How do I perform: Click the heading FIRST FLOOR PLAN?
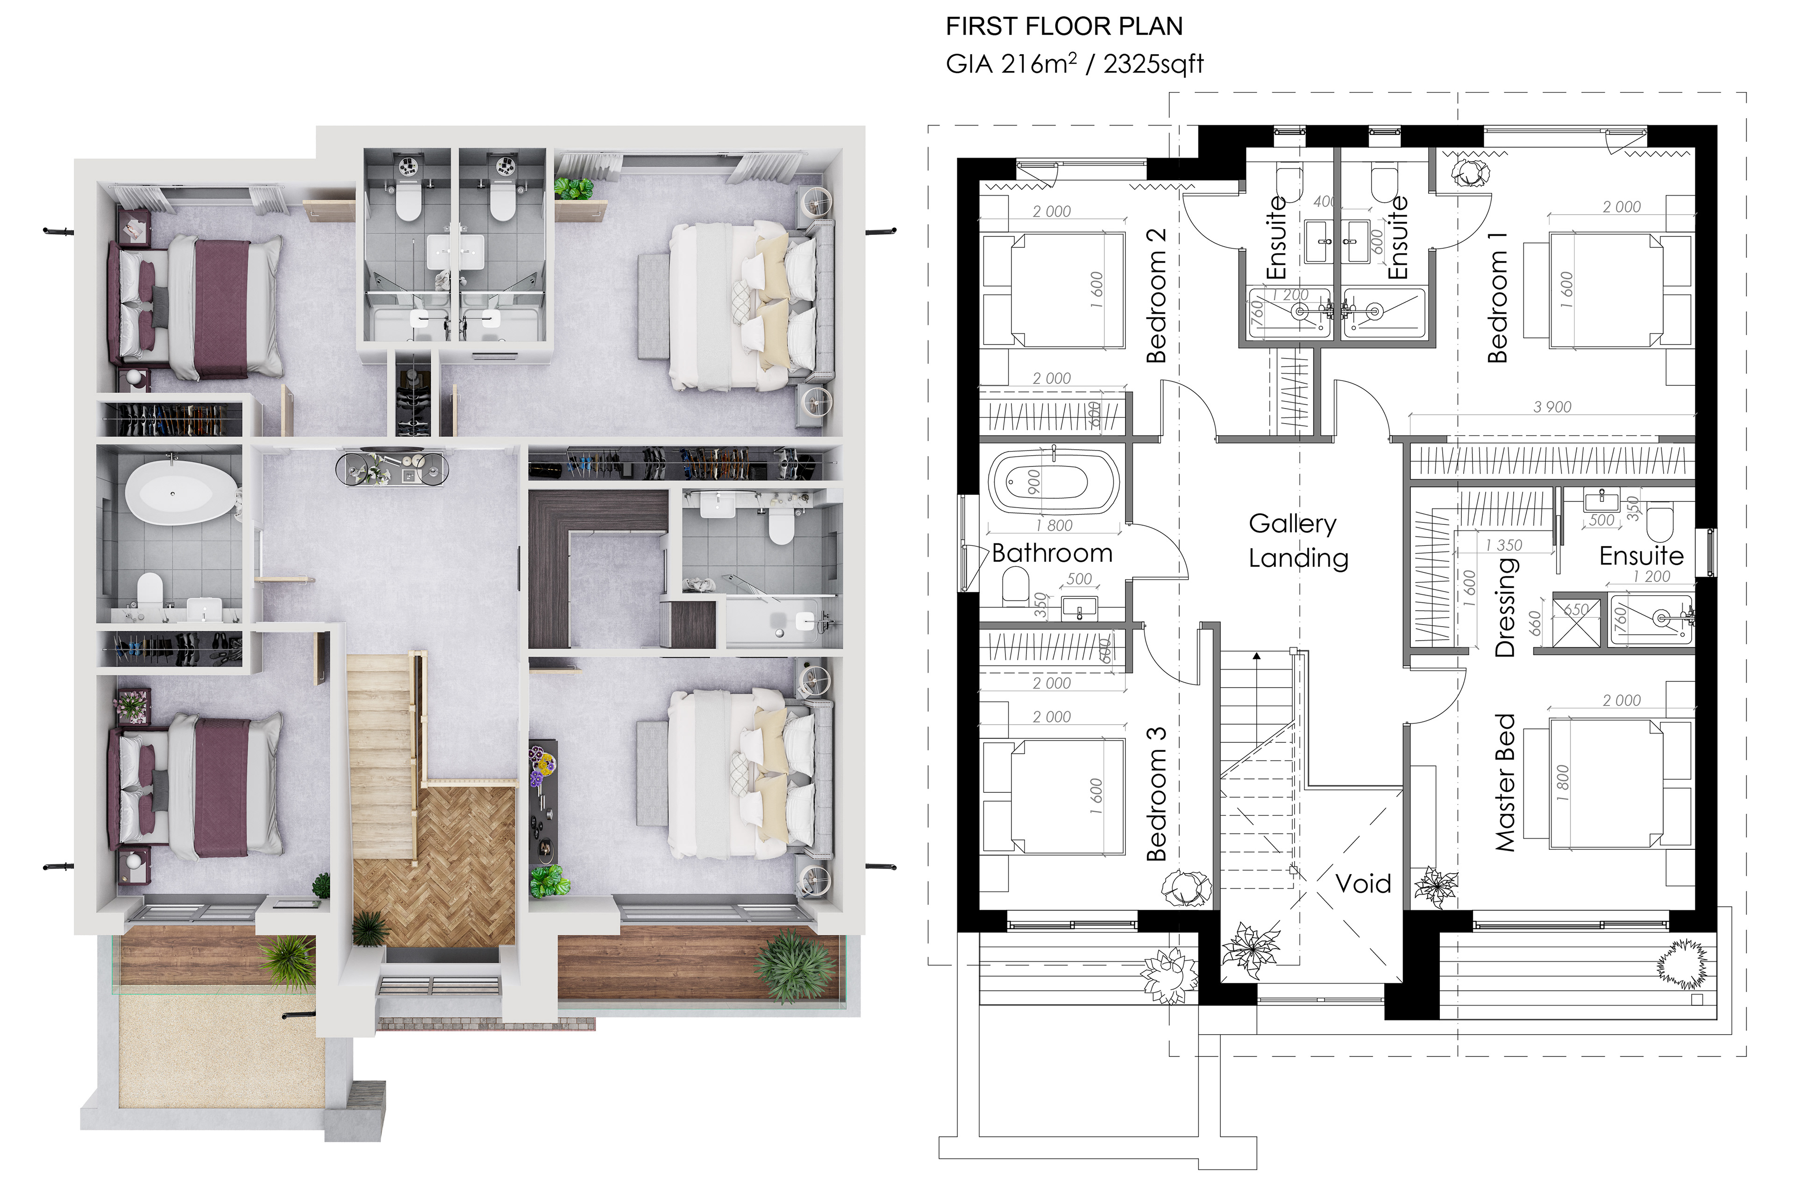click(1064, 27)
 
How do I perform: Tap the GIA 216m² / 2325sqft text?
click(1075, 63)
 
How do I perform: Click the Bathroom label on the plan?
click(1052, 553)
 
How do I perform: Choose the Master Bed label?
click(1505, 782)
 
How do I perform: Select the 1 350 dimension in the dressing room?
click(1503, 545)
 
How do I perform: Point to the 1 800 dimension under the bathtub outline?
click(1054, 525)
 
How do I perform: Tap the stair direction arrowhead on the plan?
click(1256, 656)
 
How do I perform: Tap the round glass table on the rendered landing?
click(392, 468)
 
